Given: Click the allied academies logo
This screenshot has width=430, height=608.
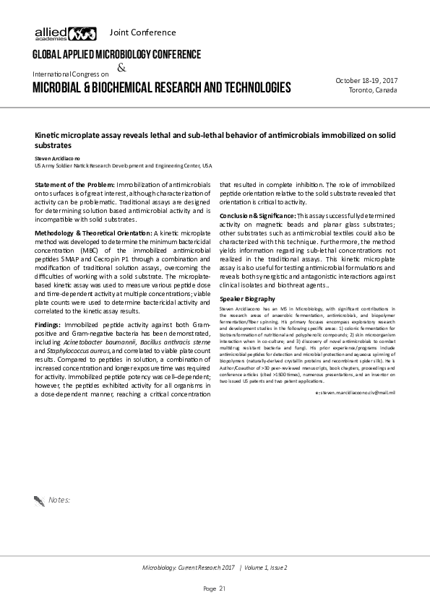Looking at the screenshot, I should point(65,32).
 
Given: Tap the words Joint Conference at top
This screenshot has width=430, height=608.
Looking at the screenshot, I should point(142,32).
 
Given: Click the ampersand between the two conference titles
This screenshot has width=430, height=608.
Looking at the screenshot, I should point(121,68).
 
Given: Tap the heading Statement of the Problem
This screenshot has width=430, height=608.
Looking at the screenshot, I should point(74,186).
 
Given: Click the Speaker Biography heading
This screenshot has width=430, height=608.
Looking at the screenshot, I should point(247,298).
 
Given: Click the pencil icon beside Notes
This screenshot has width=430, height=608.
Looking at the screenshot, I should point(39,499).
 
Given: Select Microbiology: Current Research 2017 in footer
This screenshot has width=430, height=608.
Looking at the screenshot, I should point(189,568).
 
